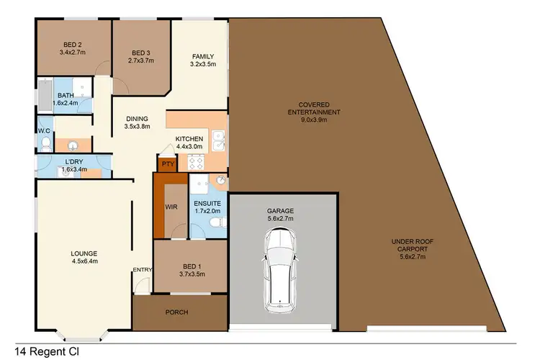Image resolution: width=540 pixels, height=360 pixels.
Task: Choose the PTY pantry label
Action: (168, 165)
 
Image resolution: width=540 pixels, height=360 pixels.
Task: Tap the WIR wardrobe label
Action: (171, 207)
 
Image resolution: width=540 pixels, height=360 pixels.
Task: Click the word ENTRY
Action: (142, 271)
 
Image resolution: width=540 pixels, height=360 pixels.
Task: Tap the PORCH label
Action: (176, 312)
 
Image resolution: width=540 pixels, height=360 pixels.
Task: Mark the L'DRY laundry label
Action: (74, 165)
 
